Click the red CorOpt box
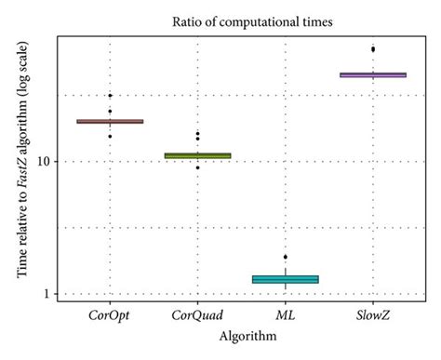[x=110, y=121]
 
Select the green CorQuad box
[x=197, y=155]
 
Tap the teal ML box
[x=286, y=279]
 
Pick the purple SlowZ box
[x=373, y=74]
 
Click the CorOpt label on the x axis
[x=110, y=316]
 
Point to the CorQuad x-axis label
[x=197, y=316]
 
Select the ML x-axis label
[x=286, y=316]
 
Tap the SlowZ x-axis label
[x=373, y=316]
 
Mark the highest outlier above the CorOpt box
[x=110, y=96]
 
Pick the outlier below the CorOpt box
[x=110, y=137]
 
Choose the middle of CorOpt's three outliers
[x=110, y=112]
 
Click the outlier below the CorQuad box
[x=197, y=167]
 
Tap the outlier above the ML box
[x=286, y=257]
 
